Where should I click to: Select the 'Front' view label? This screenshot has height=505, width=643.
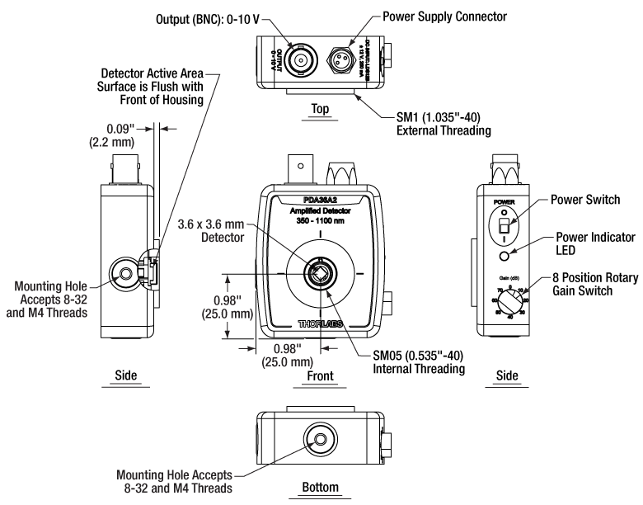[320, 375]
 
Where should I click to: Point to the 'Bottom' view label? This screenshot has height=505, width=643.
[321, 487]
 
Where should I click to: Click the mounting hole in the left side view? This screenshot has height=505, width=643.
[126, 271]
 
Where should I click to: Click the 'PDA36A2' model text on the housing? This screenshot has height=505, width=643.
[320, 201]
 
